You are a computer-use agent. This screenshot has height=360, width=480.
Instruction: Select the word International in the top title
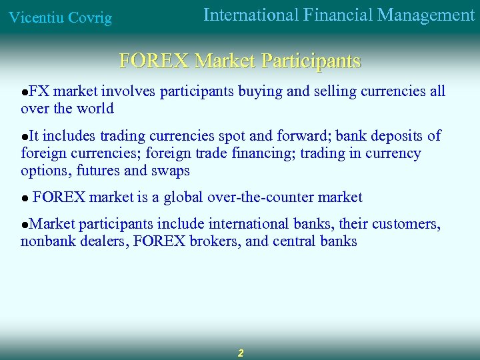click(x=250, y=15)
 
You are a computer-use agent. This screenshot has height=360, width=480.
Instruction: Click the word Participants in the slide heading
click(x=311, y=61)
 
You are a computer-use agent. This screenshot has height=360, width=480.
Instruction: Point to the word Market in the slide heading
click(x=224, y=61)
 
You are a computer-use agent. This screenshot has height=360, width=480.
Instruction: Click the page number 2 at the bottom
click(x=241, y=353)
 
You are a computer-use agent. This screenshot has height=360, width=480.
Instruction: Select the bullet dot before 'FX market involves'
click(x=24, y=92)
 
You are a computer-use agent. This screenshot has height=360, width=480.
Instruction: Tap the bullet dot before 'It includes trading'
click(x=24, y=137)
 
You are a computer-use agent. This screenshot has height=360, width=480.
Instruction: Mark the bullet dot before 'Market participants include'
click(x=24, y=225)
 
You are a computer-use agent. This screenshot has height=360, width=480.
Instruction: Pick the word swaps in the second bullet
click(x=172, y=171)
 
